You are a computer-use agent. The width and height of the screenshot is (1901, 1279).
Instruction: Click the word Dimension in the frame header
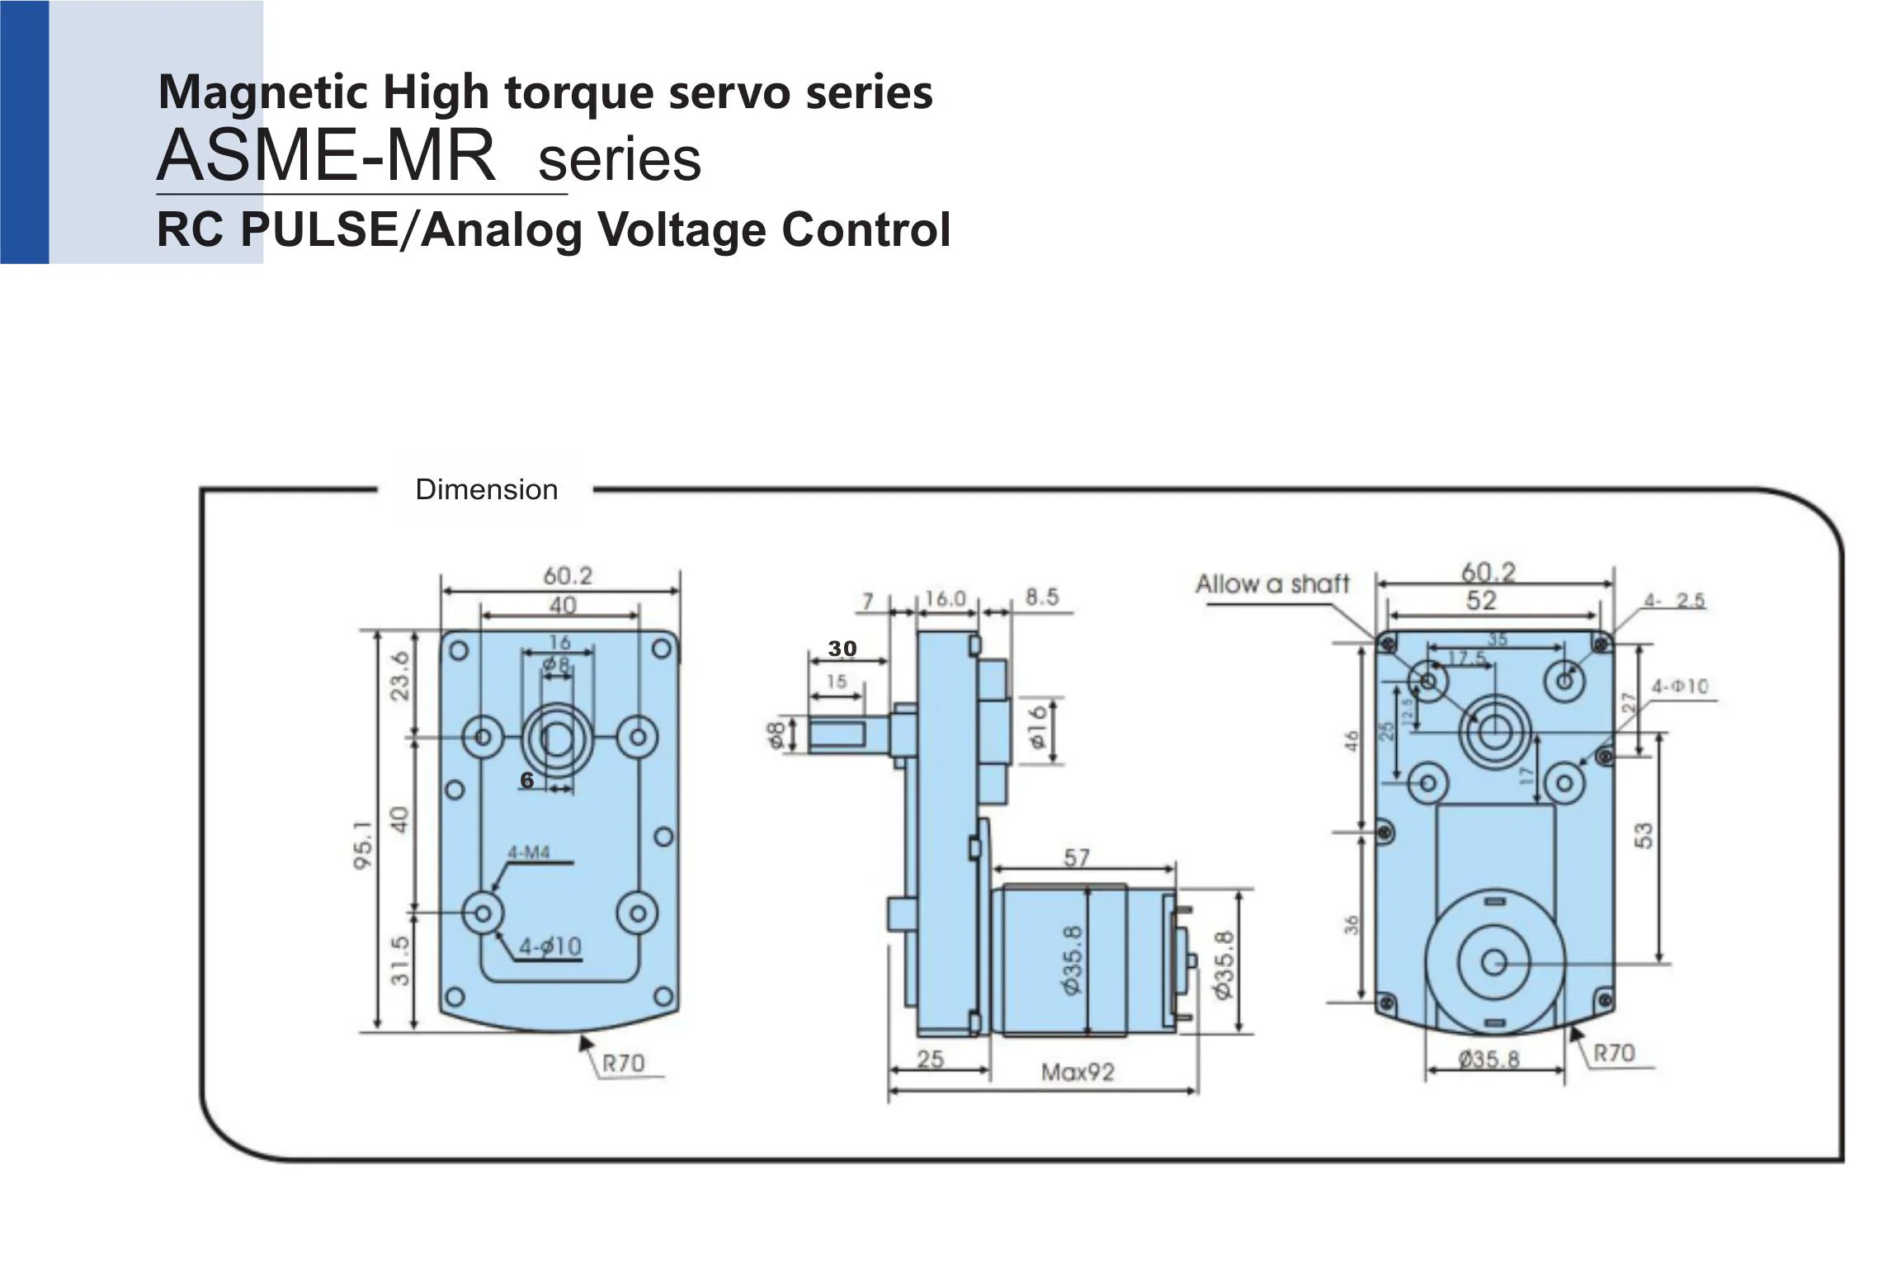[486, 489]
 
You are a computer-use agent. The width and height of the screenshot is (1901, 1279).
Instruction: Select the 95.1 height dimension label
[364, 845]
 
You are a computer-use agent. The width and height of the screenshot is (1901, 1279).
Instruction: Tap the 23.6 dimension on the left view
[399, 676]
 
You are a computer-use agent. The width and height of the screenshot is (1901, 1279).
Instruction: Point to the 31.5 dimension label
[399, 960]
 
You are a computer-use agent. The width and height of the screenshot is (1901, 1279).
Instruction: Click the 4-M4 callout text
[528, 852]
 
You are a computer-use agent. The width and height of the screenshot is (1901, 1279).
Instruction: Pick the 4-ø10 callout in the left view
[550, 946]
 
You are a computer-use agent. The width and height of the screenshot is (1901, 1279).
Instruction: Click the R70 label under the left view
[623, 1063]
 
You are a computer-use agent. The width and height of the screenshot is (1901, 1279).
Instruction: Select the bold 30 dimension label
[842, 649]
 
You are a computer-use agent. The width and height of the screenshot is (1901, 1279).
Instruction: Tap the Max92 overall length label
[1078, 1073]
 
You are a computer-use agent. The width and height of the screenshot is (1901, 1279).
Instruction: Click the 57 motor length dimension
[1077, 858]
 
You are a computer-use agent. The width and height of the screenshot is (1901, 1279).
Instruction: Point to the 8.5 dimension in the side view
[1041, 597]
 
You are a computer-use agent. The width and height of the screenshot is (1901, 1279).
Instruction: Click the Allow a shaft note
[1272, 584]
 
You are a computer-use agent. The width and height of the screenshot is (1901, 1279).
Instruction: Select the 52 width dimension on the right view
[1481, 601]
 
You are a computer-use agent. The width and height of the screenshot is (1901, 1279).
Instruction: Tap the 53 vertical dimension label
[1644, 835]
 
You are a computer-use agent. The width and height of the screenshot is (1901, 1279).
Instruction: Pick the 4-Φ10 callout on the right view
[1679, 687]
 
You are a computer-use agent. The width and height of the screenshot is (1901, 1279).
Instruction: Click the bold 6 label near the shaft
[527, 780]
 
